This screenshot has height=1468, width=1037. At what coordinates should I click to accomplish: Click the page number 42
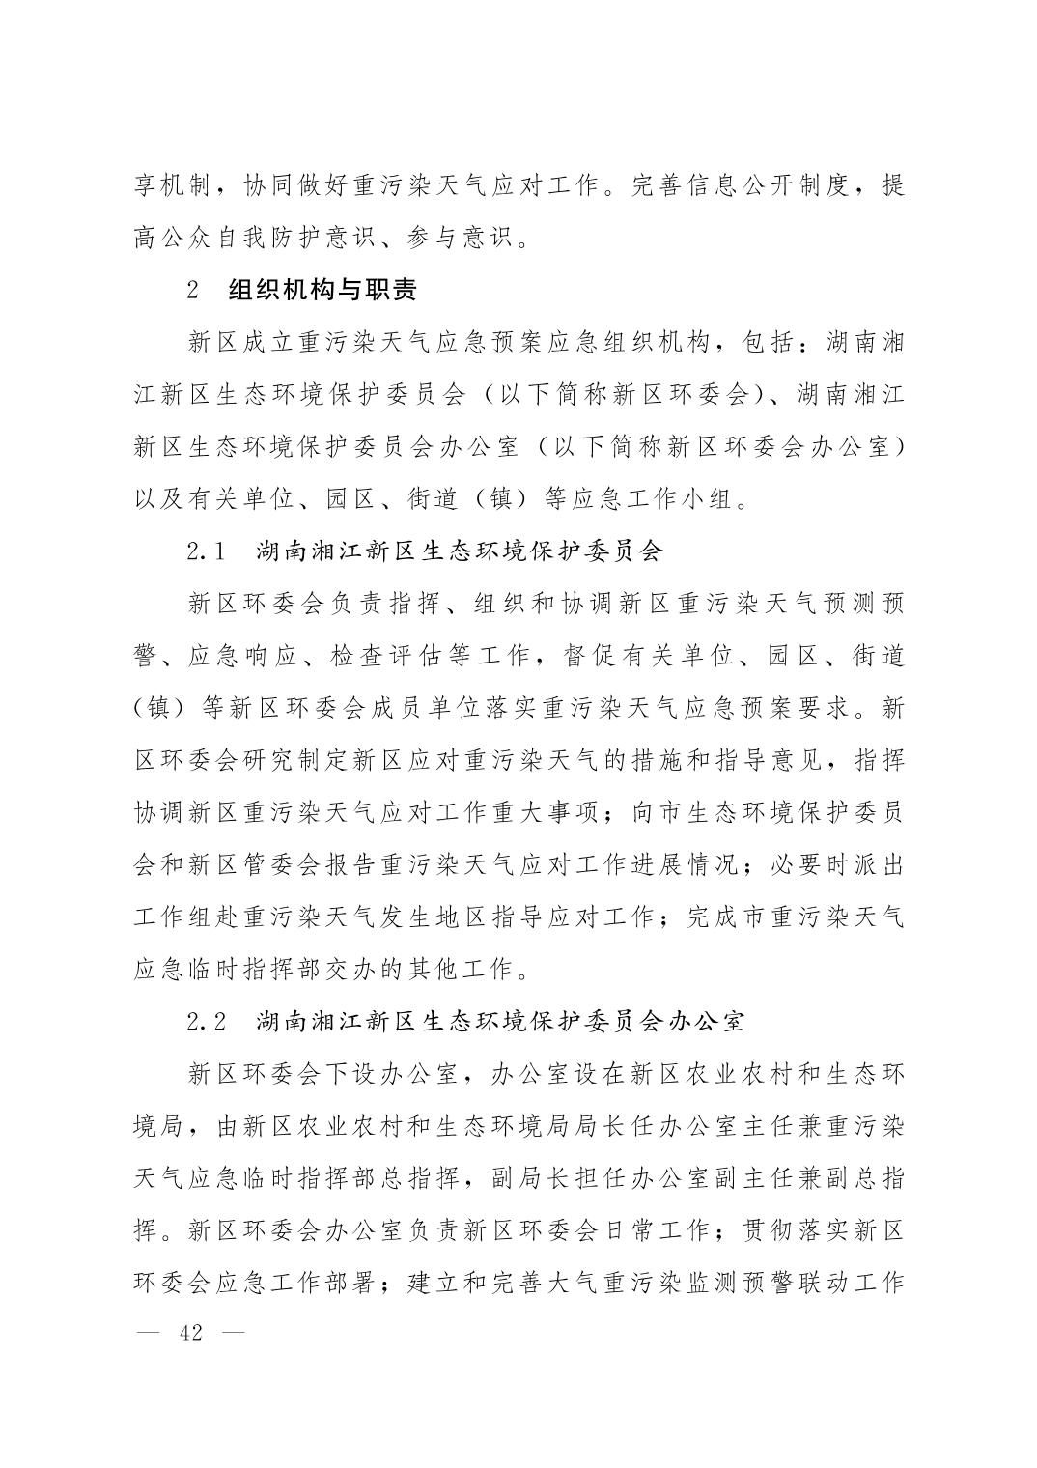click(191, 1333)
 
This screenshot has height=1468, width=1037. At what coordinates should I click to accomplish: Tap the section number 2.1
click(206, 551)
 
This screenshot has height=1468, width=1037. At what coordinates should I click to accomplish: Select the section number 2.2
click(206, 1021)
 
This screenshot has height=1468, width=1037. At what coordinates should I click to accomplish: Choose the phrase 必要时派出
click(836, 864)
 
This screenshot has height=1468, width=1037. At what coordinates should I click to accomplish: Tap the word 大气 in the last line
click(573, 1282)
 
